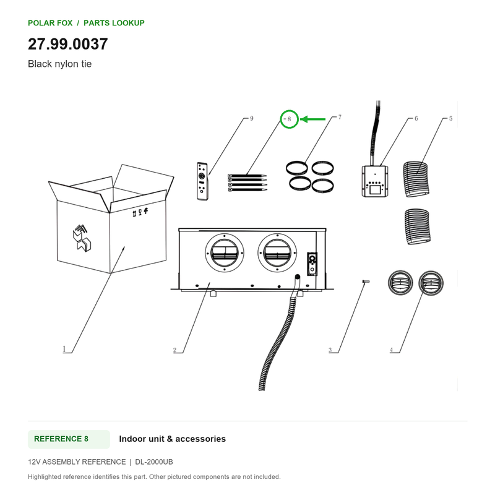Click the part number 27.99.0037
[x=68, y=44]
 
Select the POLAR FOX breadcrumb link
[x=50, y=23]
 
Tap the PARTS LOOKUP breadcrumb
[x=114, y=23]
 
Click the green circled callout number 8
[x=289, y=119]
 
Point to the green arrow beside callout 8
[x=312, y=119]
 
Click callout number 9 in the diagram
[x=252, y=118]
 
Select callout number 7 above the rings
[x=340, y=117]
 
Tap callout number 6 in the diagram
[x=416, y=118]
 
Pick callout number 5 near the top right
[x=451, y=118]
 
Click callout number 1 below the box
[x=64, y=349]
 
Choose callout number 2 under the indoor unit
[x=174, y=350]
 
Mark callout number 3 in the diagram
[x=330, y=350]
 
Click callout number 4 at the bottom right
[x=392, y=350]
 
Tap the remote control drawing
[x=202, y=181]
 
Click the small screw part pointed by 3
[x=366, y=282]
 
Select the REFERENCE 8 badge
[x=69, y=439]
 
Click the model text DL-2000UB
[x=154, y=462]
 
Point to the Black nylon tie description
[x=59, y=64]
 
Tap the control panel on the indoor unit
[x=312, y=264]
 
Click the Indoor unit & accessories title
[x=173, y=439]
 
